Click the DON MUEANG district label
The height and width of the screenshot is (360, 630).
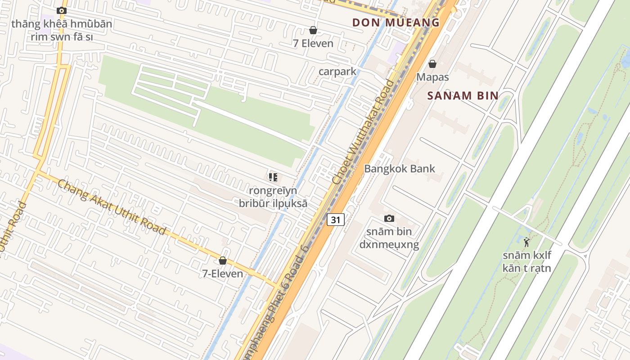pyautogui.click(x=396, y=22)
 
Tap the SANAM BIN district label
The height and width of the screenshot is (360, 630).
pyautogui.click(x=463, y=95)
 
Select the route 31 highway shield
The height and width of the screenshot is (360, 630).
pyautogui.click(x=336, y=220)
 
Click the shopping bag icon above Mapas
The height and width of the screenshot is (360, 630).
pyautogui.click(x=432, y=64)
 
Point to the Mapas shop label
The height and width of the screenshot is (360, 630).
pyautogui.click(x=432, y=77)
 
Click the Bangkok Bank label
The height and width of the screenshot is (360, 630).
pyautogui.click(x=400, y=169)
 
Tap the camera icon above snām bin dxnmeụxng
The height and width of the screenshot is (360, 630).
pyautogui.click(x=389, y=219)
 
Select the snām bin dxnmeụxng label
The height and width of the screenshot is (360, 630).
pyautogui.click(x=389, y=238)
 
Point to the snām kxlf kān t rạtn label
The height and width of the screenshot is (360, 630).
pyautogui.click(x=526, y=262)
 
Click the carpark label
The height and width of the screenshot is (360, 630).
pyautogui.click(x=337, y=71)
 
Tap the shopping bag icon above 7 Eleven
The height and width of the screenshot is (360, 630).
pyautogui.click(x=313, y=31)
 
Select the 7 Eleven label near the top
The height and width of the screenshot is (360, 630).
pyautogui.click(x=313, y=44)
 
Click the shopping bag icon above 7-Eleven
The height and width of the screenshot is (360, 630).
pyautogui.click(x=222, y=261)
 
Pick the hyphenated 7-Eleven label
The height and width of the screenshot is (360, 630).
pyautogui.click(x=222, y=274)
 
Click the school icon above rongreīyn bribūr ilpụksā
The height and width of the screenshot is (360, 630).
pyautogui.click(x=273, y=177)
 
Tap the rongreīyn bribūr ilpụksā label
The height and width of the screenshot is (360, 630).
pyautogui.click(x=273, y=197)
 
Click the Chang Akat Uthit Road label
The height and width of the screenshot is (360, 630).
pyautogui.click(x=112, y=207)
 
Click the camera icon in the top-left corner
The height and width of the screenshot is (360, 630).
pyautogui.click(x=62, y=11)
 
